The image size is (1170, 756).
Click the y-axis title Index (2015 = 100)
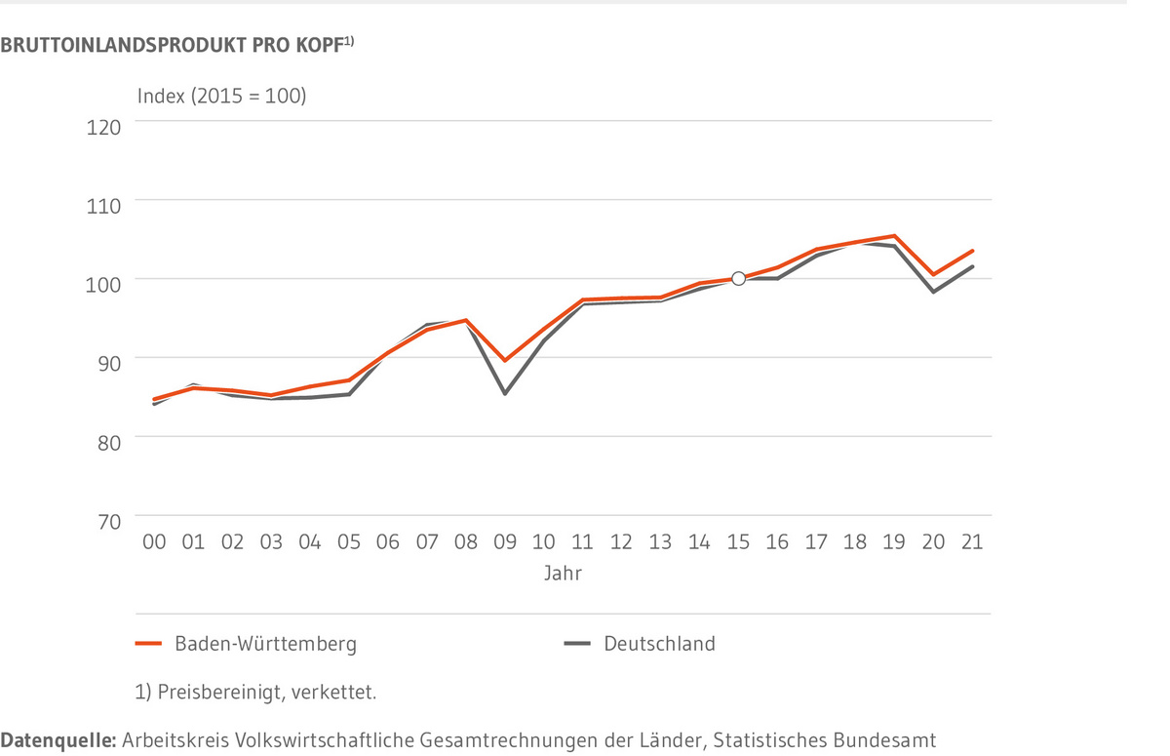coord(222,96)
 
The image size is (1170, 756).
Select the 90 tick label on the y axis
coord(106,363)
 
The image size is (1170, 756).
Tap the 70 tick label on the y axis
coord(106,521)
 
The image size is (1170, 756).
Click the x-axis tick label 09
coord(504,542)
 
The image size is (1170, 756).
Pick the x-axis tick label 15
coord(738,542)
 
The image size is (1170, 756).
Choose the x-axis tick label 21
coord(972,542)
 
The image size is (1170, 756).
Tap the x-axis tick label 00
coord(154,542)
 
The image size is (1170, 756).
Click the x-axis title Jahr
coord(563,574)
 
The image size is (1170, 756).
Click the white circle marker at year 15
coord(738,279)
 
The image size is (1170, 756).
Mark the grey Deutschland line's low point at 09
coord(504,393)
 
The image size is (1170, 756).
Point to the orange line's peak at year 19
coord(894,236)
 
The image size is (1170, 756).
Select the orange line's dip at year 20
coord(933,275)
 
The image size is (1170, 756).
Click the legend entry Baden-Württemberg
coord(265,644)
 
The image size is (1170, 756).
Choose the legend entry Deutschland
coord(659,644)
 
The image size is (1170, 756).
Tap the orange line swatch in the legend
coord(148,644)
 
